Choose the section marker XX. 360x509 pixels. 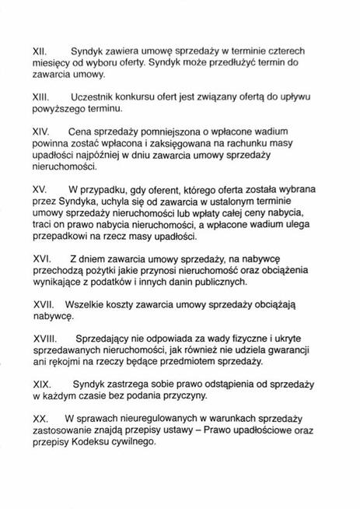tap(40, 419)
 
